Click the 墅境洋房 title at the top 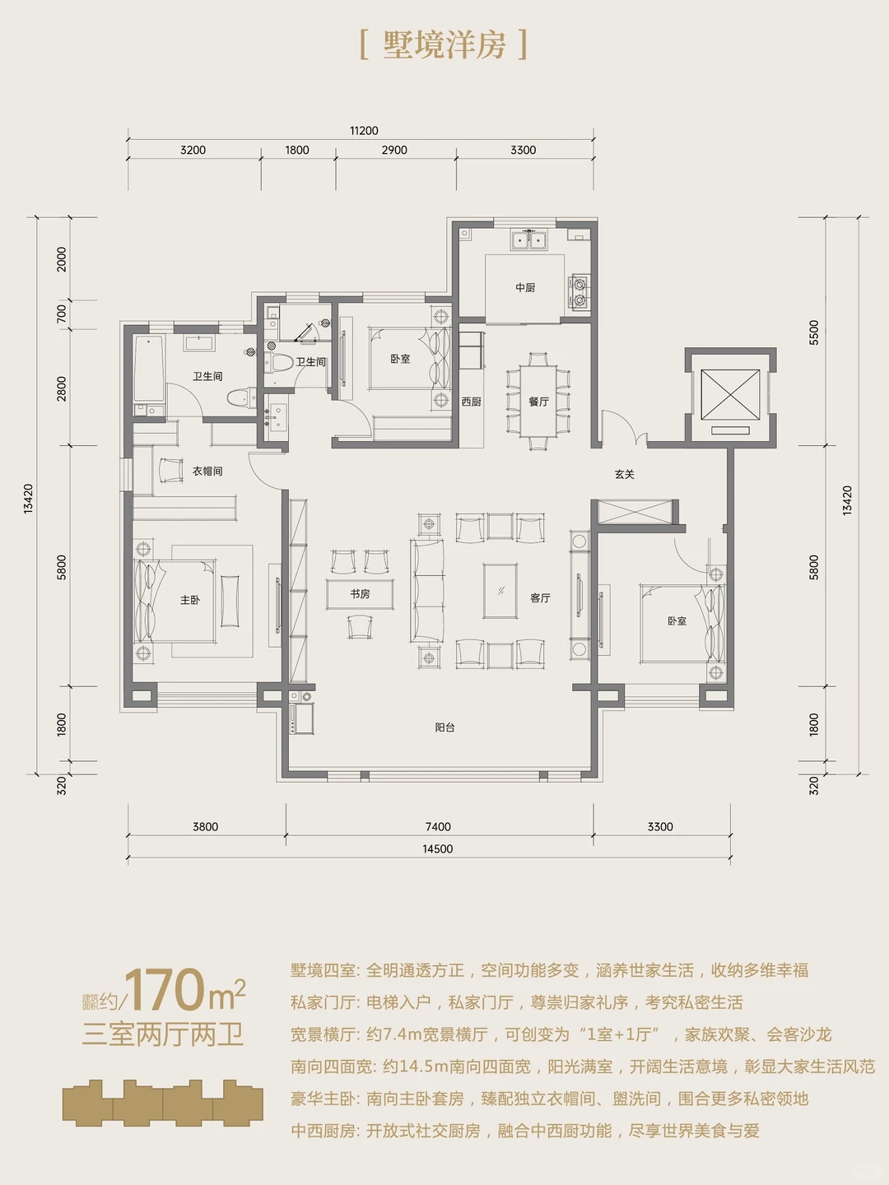tap(444, 44)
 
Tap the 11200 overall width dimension tap(364, 131)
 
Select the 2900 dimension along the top tap(394, 150)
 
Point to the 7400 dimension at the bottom tap(438, 826)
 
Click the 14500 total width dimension tap(438, 848)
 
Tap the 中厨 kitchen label tap(524, 288)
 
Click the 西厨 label tap(471, 402)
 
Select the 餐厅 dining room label tap(538, 402)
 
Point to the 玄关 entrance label tap(625, 475)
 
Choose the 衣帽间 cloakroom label tap(207, 472)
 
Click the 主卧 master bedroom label tap(190, 600)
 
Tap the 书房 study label tap(360, 594)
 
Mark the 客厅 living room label tap(540, 597)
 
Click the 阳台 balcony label tap(444, 727)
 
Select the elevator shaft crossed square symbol tap(730, 394)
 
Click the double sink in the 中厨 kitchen tap(529, 239)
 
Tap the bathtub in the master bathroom tap(148, 369)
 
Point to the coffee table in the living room tap(500, 591)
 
